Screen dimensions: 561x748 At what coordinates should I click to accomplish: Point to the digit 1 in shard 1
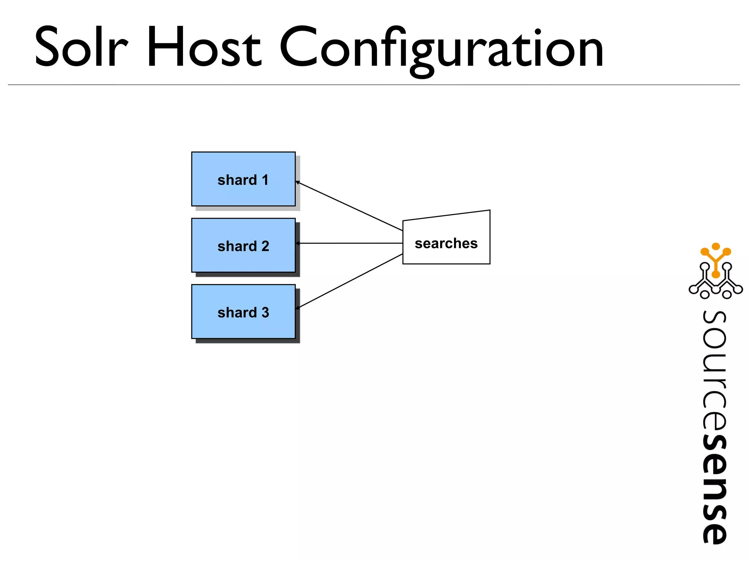pyautogui.click(x=265, y=180)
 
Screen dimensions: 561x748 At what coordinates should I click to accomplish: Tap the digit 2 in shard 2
pyautogui.click(x=265, y=246)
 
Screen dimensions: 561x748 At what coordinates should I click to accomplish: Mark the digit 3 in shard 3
pyautogui.click(x=265, y=313)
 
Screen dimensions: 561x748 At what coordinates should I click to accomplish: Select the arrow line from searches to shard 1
pyautogui.click(x=351, y=207)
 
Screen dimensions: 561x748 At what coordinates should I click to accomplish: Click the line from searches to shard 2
pyautogui.click(x=351, y=243)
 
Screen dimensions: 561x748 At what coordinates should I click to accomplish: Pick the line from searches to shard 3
pyautogui.click(x=351, y=281)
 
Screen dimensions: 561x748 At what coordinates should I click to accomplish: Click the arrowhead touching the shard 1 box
pyautogui.click(x=298, y=182)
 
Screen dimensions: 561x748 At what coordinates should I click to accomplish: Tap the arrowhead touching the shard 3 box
pyautogui.click(x=298, y=308)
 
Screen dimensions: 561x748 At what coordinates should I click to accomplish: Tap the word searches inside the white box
pyautogui.click(x=446, y=243)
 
